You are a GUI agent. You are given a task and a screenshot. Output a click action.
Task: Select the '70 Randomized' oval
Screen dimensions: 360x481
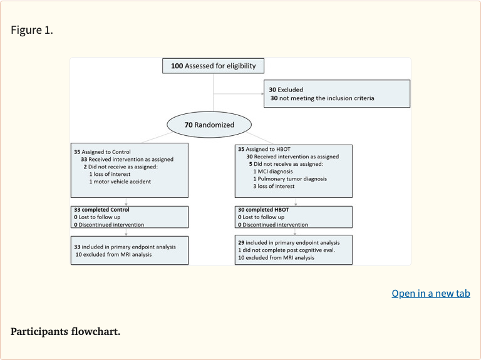pos(209,125)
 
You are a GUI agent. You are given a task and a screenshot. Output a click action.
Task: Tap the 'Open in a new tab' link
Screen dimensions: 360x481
pos(430,293)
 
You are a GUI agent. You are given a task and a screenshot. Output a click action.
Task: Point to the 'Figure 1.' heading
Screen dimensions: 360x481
pos(32,30)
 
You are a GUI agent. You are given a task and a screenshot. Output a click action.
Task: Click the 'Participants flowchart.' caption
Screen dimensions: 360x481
pos(65,331)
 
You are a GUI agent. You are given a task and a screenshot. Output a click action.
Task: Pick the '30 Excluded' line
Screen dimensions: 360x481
pos(286,90)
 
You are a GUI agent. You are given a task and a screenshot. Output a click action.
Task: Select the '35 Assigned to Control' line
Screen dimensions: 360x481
pos(103,152)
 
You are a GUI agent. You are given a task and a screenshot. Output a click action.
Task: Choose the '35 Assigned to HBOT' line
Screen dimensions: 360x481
pos(265,149)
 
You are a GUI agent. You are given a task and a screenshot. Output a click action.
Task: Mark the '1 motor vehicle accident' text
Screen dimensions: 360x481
pos(120,182)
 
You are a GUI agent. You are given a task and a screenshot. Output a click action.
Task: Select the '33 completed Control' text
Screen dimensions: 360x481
pos(101,210)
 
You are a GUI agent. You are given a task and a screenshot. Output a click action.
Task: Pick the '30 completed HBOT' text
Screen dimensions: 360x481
pos(263,209)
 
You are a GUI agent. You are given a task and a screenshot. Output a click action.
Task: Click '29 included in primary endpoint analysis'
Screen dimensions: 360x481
pos(288,242)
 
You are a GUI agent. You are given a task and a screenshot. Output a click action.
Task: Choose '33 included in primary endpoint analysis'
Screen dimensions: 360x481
pos(125,247)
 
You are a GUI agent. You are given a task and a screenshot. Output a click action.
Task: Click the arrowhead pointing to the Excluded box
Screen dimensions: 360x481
pos(261,95)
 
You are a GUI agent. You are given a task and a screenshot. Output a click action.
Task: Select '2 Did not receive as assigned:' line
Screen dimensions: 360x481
pos(122,167)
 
